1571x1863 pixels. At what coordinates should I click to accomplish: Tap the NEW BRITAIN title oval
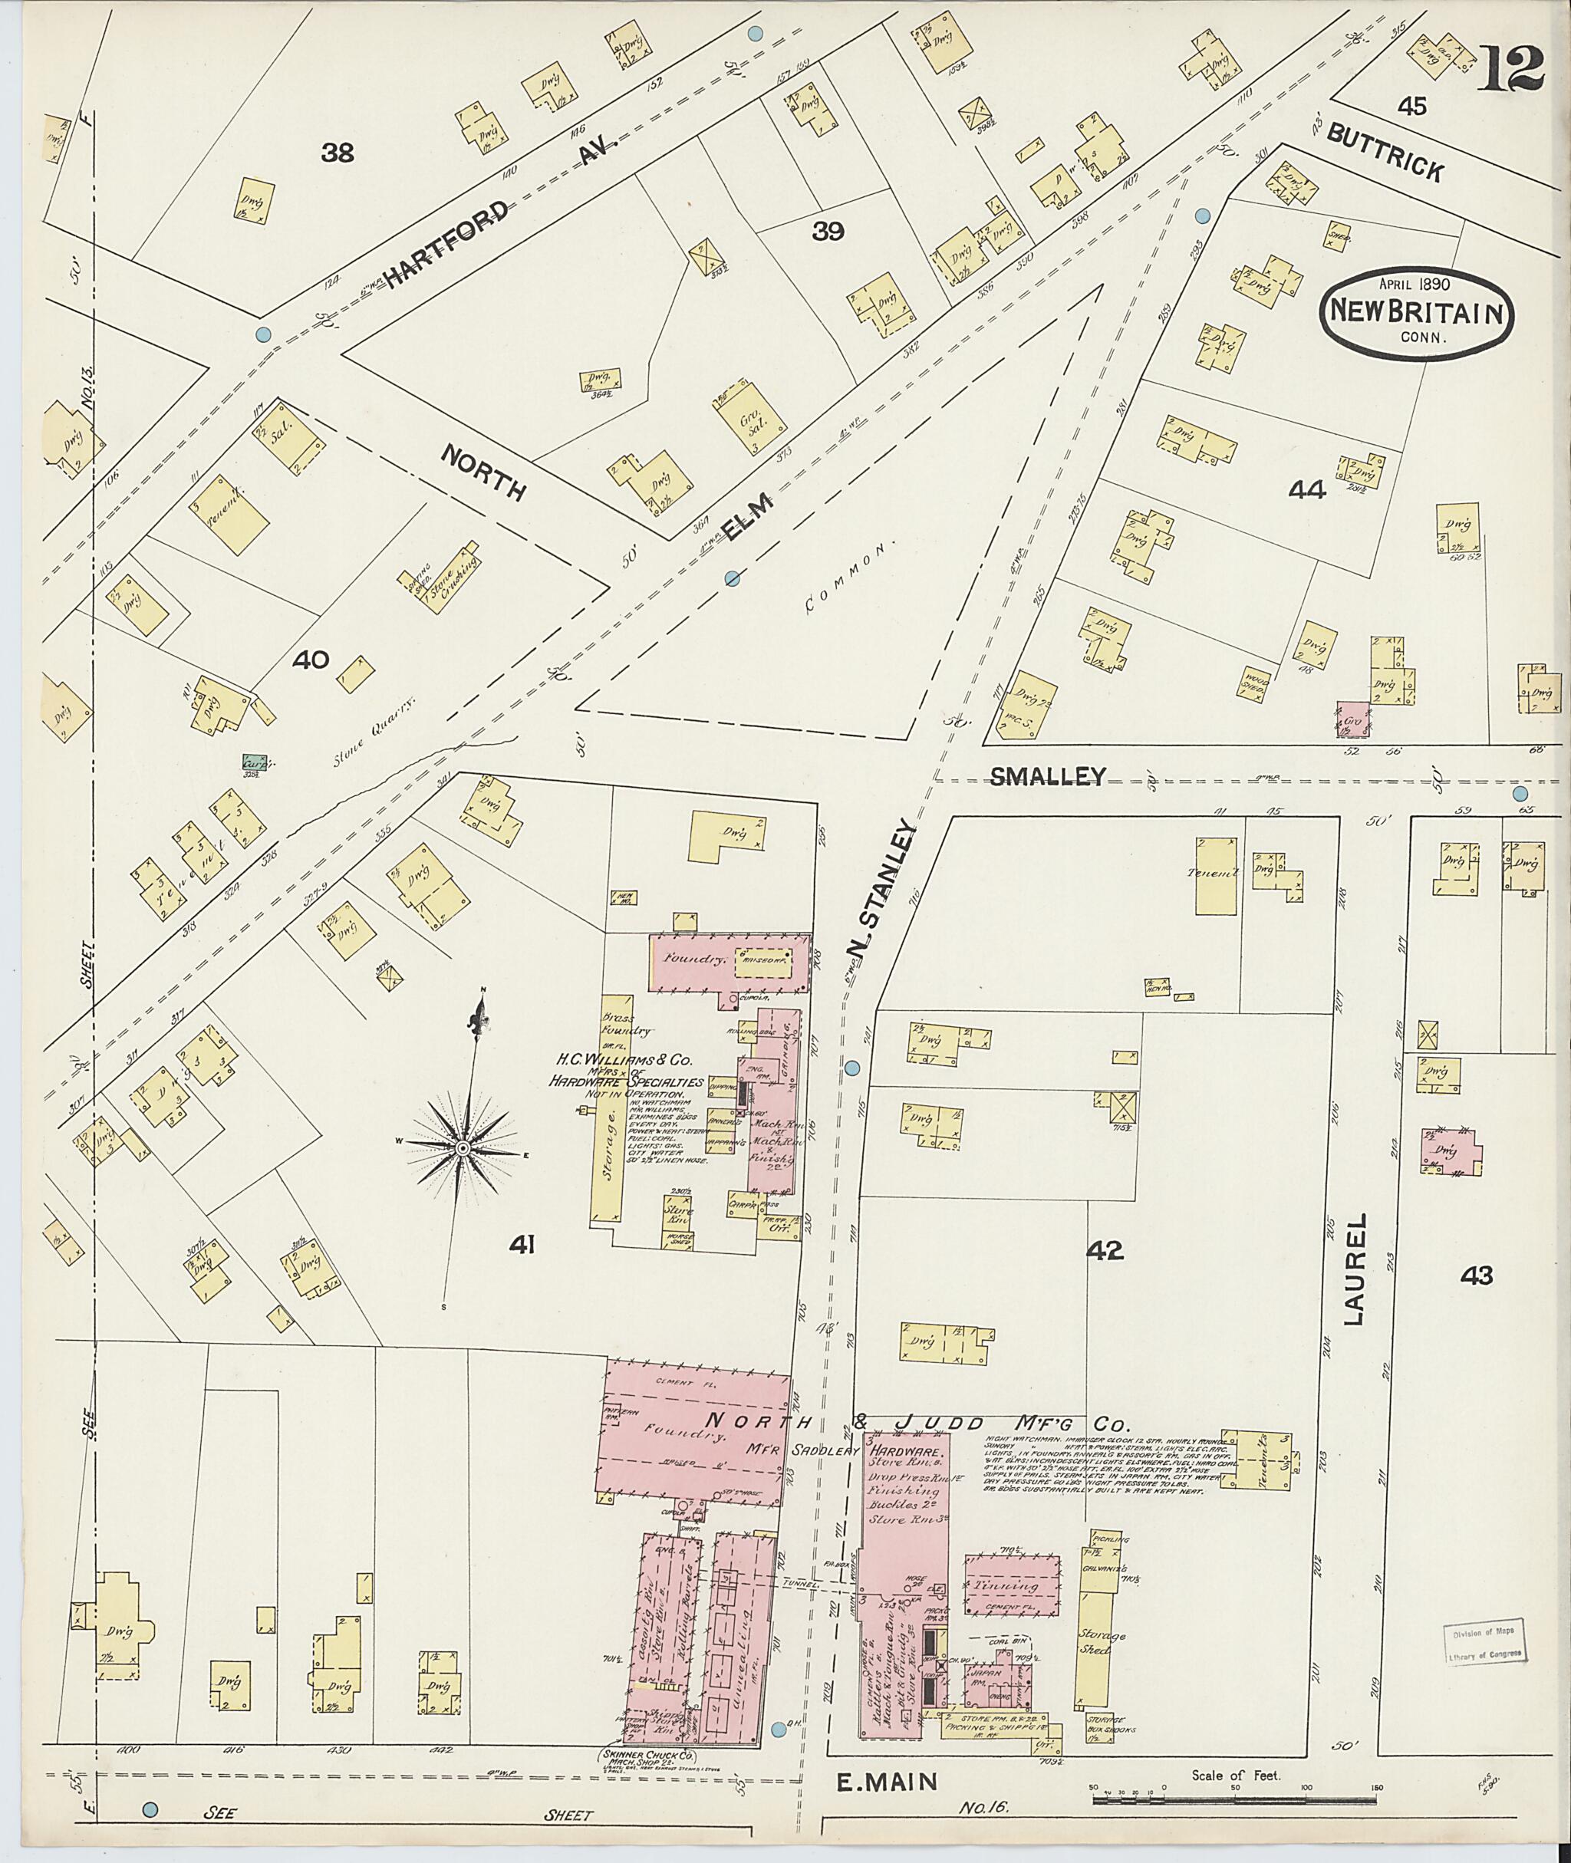[1418, 311]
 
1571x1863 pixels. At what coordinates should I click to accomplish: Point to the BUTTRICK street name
[1386, 151]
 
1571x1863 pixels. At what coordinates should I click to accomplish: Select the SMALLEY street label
[1047, 775]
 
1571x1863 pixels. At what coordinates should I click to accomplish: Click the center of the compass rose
[463, 1149]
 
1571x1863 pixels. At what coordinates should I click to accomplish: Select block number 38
[338, 153]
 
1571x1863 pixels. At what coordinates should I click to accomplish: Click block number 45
[1411, 107]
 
